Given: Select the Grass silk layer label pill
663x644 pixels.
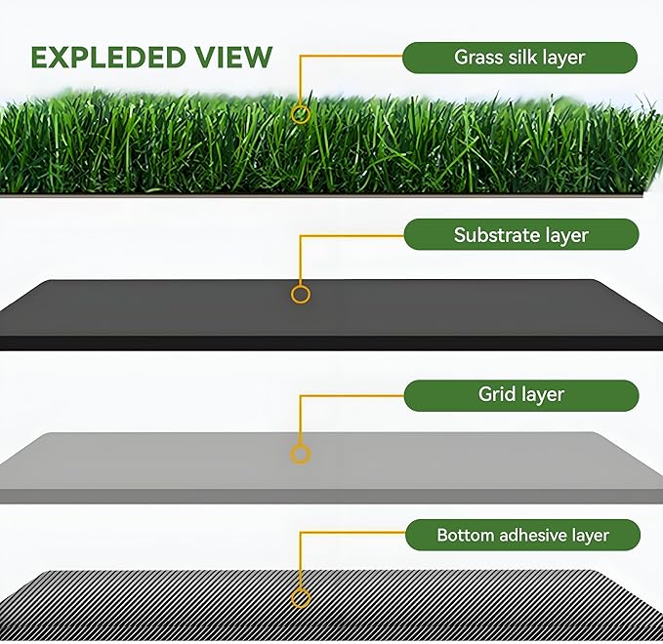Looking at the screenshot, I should coord(519,58).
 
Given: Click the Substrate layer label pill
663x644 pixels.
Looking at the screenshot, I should coord(520,235).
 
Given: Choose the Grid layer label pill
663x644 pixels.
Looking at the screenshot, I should coord(520,395).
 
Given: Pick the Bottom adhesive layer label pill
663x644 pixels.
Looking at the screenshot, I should coord(521,535).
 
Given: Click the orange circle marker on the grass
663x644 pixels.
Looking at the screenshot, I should coord(301,114).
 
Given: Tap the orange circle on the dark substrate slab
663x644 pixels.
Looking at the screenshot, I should coord(301,293).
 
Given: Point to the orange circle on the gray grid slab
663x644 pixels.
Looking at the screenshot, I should coord(301,454).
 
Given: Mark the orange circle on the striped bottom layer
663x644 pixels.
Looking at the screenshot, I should coord(301,598).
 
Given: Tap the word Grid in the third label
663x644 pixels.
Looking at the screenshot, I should coord(496,395).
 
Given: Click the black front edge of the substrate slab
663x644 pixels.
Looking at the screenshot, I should coord(332,343).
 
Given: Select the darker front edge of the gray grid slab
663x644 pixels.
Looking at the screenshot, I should coord(332,497).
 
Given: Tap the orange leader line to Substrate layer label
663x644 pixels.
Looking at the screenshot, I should coord(352,235).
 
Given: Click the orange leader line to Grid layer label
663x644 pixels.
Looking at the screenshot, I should coord(352,395).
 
